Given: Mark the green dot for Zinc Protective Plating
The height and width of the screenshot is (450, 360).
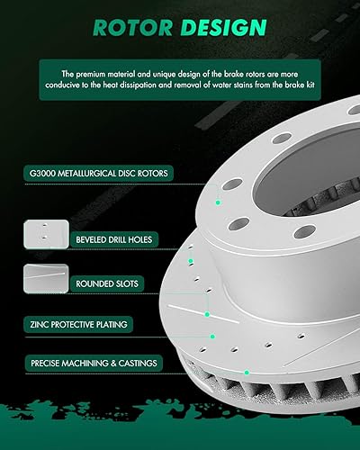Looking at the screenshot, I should [x=208, y=314].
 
